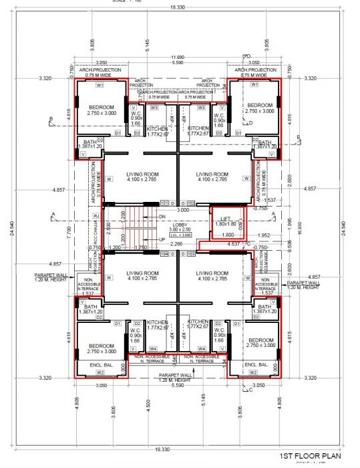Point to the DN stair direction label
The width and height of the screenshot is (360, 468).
162,217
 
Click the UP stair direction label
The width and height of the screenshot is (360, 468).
162,239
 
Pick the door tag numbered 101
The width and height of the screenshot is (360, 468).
164,203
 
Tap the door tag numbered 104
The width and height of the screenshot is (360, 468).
164,255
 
